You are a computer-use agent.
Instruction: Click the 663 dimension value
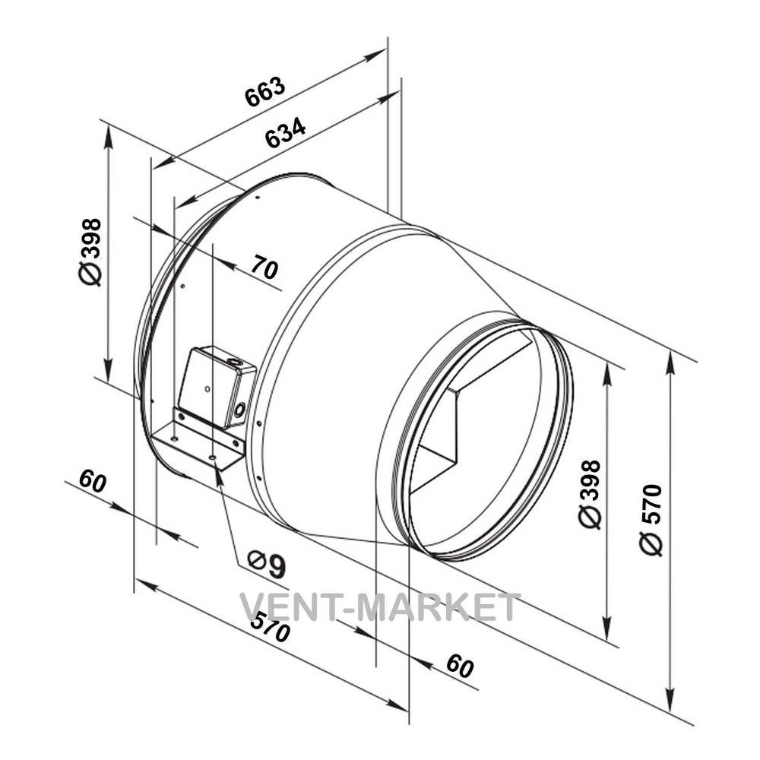(x=265, y=91)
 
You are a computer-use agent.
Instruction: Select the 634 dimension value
(x=286, y=131)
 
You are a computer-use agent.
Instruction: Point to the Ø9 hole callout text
(x=267, y=564)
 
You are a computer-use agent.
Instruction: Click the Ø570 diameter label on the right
(x=651, y=519)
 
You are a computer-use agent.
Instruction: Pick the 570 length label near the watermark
(x=270, y=626)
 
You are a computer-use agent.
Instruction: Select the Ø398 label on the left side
(x=90, y=252)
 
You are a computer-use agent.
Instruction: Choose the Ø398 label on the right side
(x=590, y=494)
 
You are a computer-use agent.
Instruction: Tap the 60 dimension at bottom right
(x=460, y=666)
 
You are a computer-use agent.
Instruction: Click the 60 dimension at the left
(x=92, y=480)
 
